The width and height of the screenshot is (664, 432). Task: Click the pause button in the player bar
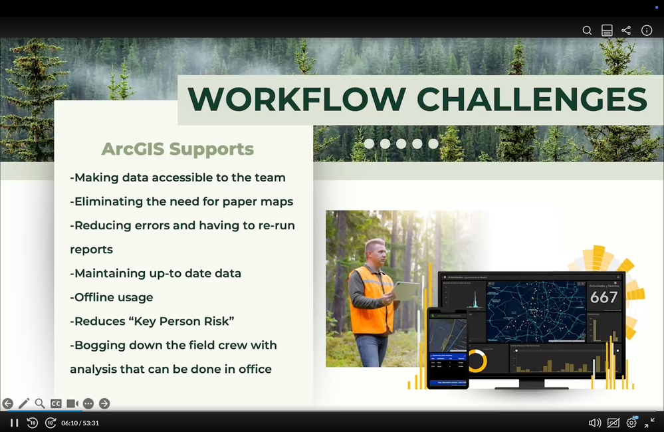(x=14, y=423)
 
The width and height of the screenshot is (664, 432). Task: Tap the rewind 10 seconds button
(x=32, y=423)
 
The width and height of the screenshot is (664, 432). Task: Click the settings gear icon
(x=631, y=423)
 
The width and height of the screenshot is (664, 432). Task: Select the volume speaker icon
(x=594, y=423)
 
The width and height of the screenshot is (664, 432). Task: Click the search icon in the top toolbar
(x=587, y=31)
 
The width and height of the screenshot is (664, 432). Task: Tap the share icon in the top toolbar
(x=626, y=31)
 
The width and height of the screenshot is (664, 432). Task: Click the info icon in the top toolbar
(x=646, y=31)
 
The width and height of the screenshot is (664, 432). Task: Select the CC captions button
(x=56, y=403)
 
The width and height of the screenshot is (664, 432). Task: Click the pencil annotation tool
(x=24, y=403)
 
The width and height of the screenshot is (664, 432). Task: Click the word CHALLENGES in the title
(x=532, y=100)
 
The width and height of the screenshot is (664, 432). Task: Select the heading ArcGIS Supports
(x=177, y=149)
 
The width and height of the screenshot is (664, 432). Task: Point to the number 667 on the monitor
(x=604, y=297)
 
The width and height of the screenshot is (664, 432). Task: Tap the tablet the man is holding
(x=405, y=290)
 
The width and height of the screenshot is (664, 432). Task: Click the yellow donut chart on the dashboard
(x=477, y=361)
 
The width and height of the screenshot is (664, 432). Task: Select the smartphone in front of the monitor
(x=447, y=348)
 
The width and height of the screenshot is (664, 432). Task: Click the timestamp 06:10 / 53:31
(x=80, y=423)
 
